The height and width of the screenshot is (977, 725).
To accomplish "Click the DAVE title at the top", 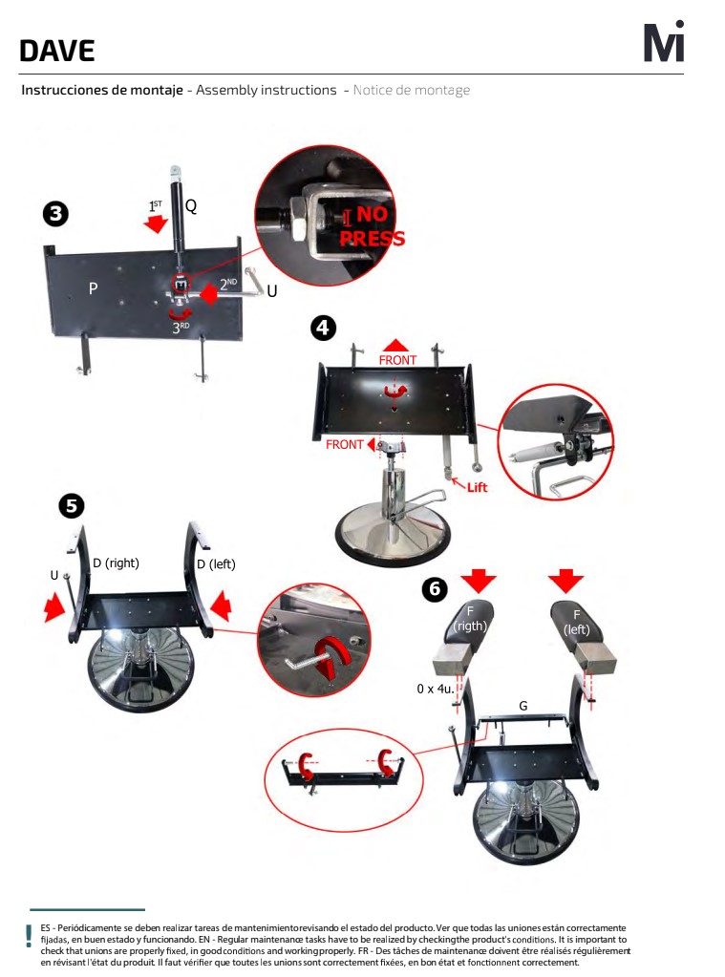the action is tap(56, 51).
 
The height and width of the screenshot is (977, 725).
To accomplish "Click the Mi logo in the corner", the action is tap(664, 41).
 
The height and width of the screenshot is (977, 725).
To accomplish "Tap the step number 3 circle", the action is tap(55, 214).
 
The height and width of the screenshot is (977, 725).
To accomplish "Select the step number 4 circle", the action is tap(323, 328).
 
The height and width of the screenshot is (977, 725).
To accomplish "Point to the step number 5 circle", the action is tap(72, 505).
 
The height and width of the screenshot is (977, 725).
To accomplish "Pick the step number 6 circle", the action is tap(435, 589).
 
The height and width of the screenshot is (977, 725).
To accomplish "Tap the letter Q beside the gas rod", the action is tap(191, 205).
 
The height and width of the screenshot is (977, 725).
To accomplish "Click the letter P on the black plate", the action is tap(93, 287).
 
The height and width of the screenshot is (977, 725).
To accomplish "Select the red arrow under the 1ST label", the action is tap(156, 223).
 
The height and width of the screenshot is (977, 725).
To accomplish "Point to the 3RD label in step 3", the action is tap(181, 328).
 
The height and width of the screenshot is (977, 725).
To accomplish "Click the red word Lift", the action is tap(477, 487).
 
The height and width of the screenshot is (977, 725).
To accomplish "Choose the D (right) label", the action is tap(116, 563).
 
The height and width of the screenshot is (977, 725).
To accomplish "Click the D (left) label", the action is tap(216, 564).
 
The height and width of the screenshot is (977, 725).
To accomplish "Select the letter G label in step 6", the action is tap(523, 706).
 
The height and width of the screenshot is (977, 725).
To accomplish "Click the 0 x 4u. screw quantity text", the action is tap(436, 689).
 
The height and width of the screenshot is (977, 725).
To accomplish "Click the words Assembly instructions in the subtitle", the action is tap(267, 90).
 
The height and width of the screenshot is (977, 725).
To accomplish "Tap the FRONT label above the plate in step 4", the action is tap(397, 360).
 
